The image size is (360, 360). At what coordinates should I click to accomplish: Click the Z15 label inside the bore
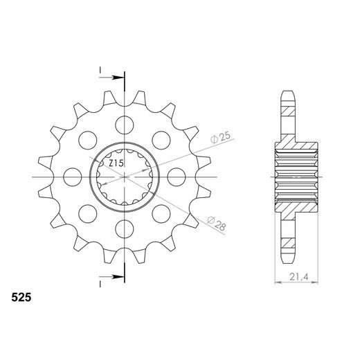[116, 163]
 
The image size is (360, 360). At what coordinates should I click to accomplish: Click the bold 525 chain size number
[21, 300]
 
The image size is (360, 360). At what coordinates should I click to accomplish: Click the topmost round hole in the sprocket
[124, 125]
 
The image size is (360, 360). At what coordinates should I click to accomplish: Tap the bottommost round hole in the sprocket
[124, 228]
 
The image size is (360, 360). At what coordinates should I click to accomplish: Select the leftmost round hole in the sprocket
[72, 177]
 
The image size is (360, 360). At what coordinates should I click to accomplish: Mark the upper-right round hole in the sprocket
[161, 141]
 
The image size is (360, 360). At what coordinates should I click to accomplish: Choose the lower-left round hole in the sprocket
[87, 214]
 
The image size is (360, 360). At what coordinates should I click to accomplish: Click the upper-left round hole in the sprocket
[87, 141]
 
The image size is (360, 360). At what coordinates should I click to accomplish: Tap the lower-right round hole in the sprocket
[161, 214]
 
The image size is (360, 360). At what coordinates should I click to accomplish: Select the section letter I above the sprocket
[101, 71]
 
